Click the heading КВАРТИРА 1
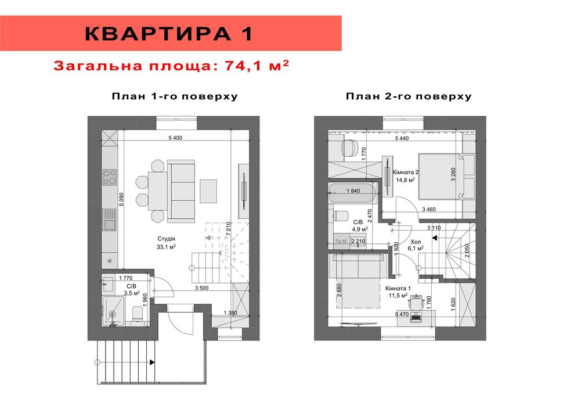(x=169, y=34)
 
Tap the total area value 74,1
(x=243, y=66)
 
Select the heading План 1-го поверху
(x=175, y=96)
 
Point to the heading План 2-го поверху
(x=409, y=96)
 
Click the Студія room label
(x=166, y=239)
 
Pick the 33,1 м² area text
(x=166, y=247)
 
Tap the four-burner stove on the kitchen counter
(x=110, y=177)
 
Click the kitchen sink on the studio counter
(x=109, y=220)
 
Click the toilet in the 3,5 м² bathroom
(x=138, y=314)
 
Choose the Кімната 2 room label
(x=406, y=173)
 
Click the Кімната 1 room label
(x=398, y=288)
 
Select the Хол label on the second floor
(x=416, y=242)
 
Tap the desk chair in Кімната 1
(x=415, y=302)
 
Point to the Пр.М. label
(x=341, y=241)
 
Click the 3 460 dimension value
(x=430, y=209)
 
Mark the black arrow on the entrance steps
(x=152, y=362)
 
